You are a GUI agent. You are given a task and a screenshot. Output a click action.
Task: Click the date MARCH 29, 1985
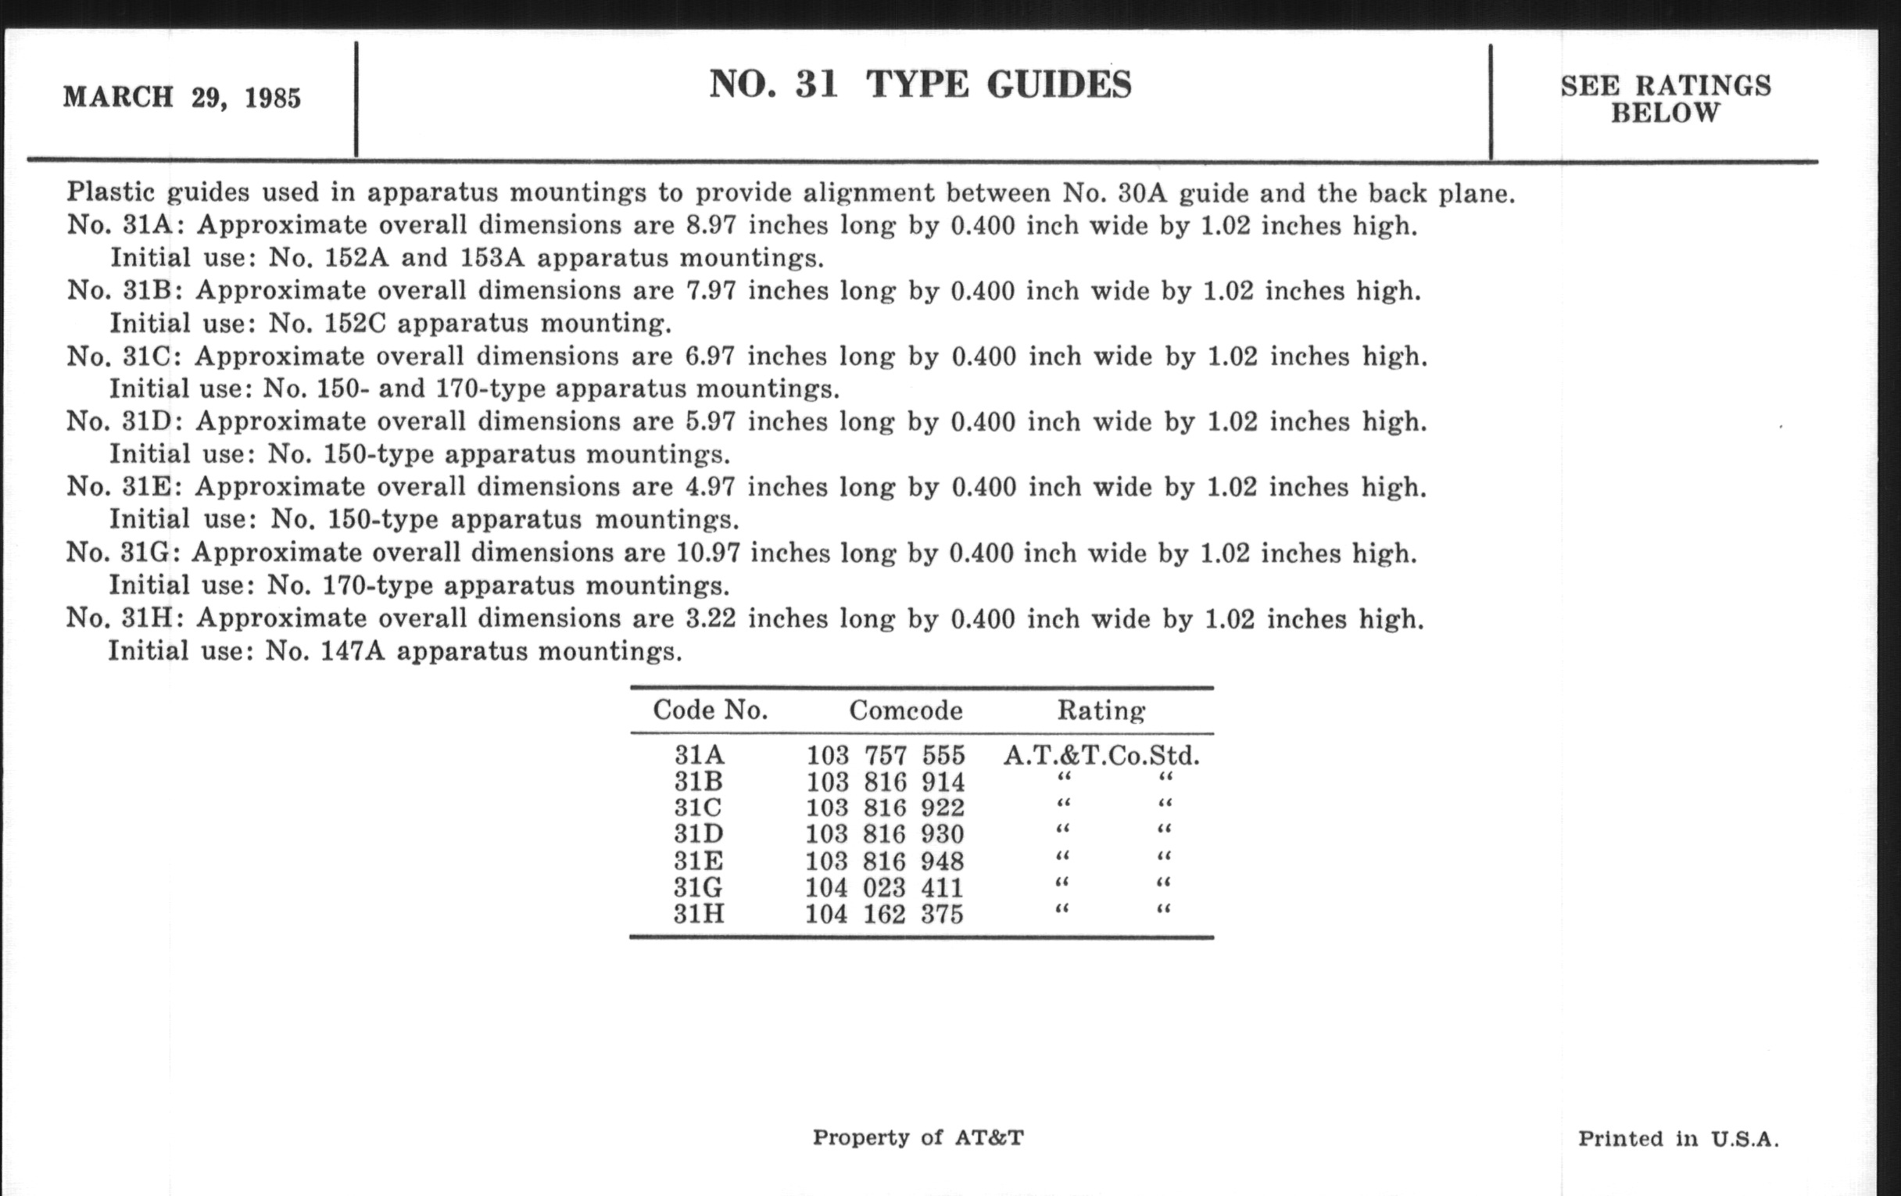[x=181, y=98]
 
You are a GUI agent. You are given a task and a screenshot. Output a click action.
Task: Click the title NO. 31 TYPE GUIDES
[x=920, y=84]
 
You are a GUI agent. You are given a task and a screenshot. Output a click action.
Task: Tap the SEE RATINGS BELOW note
[x=1666, y=99]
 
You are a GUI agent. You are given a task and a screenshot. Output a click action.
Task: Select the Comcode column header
[x=905, y=711]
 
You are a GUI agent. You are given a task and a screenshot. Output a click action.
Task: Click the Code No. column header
[x=710, y=711]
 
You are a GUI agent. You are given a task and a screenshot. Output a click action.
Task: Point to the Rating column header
[x=1101, y=711]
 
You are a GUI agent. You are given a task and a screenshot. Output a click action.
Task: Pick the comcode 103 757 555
[x=885, y=755]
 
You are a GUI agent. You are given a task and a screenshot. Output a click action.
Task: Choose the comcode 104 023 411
[x=883, y=887]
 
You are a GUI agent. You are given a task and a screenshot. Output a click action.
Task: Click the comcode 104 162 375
[x=883, y=914]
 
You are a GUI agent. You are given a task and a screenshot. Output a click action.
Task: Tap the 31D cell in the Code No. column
[x=698, y=833]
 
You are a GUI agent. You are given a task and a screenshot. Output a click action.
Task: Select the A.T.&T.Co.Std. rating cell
[x=1101, y=755]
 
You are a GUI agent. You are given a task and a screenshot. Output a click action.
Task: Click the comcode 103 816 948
[x=884, y=861]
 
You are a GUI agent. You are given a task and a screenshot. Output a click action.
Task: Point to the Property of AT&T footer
[x=918, y=1137]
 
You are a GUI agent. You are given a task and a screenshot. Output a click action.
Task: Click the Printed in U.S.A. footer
[x=1678, y=1138]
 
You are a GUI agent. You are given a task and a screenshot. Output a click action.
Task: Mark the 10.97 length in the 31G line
[x=708, y=553]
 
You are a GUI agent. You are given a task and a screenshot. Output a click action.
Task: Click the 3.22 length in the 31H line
[x=711, y=618]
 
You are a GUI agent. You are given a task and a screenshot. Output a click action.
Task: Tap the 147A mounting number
[x=352, y=651]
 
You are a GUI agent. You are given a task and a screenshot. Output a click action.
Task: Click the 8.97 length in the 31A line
[x=711, y=226]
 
